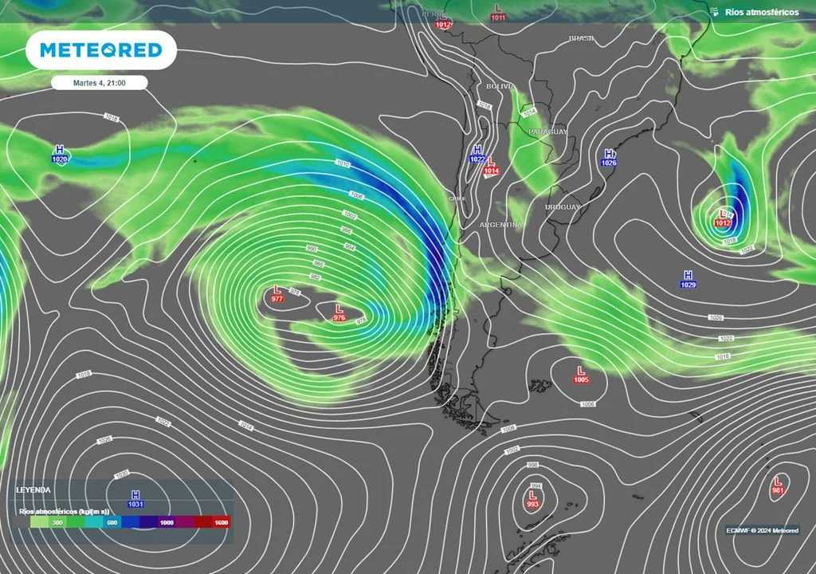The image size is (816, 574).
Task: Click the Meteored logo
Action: (x=101, y=50)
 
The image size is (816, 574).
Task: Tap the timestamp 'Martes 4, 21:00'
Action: (x=100, y=82)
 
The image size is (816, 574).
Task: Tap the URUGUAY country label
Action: (x=563, y=207)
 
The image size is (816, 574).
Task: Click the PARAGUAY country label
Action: (x=547, y=131)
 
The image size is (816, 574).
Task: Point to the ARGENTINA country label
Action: (x=500, y=225)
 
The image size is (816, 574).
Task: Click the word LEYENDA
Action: (x=33, y=489)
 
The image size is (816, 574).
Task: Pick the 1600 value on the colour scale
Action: (x=222, y=523)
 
